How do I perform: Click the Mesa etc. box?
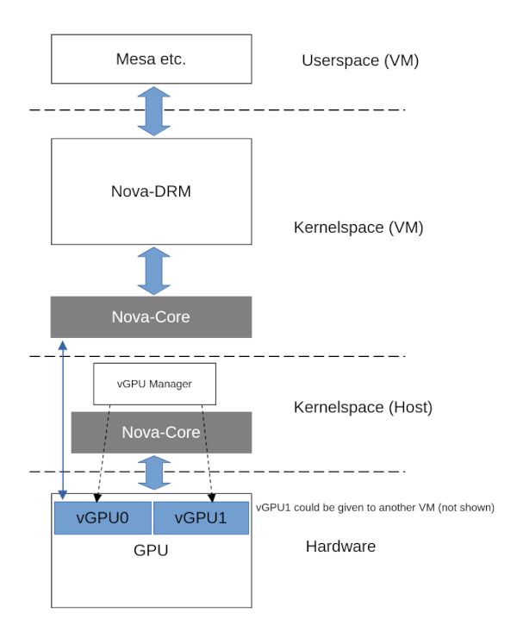[151, 59]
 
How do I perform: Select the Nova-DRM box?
[151, 191]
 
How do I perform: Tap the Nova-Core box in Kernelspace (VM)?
[151, 316]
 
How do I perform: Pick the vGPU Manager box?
[153, 385]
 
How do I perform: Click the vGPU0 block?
[103, 517]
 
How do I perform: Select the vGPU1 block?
[201, 517]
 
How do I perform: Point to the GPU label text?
[151, 549]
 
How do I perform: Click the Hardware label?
[340, 547]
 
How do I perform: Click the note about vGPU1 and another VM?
[375, 507]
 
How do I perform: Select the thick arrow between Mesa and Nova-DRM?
[152, 109]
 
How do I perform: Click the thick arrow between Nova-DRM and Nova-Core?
[152, 271]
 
